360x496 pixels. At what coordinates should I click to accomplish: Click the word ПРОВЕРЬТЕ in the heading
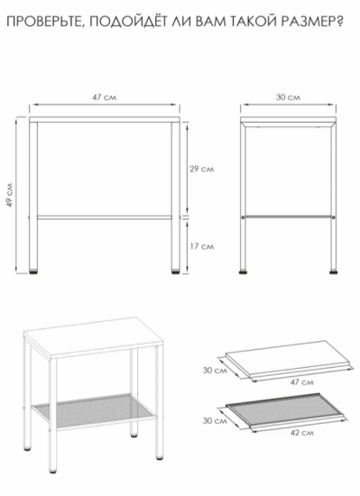tap(45, 23)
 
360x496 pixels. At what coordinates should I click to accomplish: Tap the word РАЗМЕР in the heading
tap(303, 23)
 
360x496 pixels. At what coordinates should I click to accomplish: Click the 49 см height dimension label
tap(10, 195)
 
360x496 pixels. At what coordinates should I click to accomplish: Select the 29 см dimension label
tap(202, 170)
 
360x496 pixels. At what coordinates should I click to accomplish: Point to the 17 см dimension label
tap(202, 246)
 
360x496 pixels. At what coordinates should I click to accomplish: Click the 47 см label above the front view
tap(105, 97)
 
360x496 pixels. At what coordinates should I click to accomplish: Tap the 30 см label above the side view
tap(288, 97)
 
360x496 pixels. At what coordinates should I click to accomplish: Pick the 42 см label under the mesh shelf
tap(302, 432)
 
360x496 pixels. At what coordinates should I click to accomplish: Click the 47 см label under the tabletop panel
tap(302, 382)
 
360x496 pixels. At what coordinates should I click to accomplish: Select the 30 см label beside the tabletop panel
tap(215, 370)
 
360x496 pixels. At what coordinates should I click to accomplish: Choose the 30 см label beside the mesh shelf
tap(215, 421)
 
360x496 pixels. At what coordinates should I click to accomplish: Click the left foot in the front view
tap(33, 271)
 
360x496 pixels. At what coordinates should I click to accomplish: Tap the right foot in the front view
tap(176, 271)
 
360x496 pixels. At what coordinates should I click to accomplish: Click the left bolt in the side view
tap(244, 217)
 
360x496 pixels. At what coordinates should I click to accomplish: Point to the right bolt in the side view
tap(333, 217)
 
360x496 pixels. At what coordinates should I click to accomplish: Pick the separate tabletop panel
tap(289, 360)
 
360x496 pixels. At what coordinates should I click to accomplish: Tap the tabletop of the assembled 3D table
tap(94, 338)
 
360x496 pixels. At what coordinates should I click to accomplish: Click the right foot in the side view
tap(333, 271)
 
